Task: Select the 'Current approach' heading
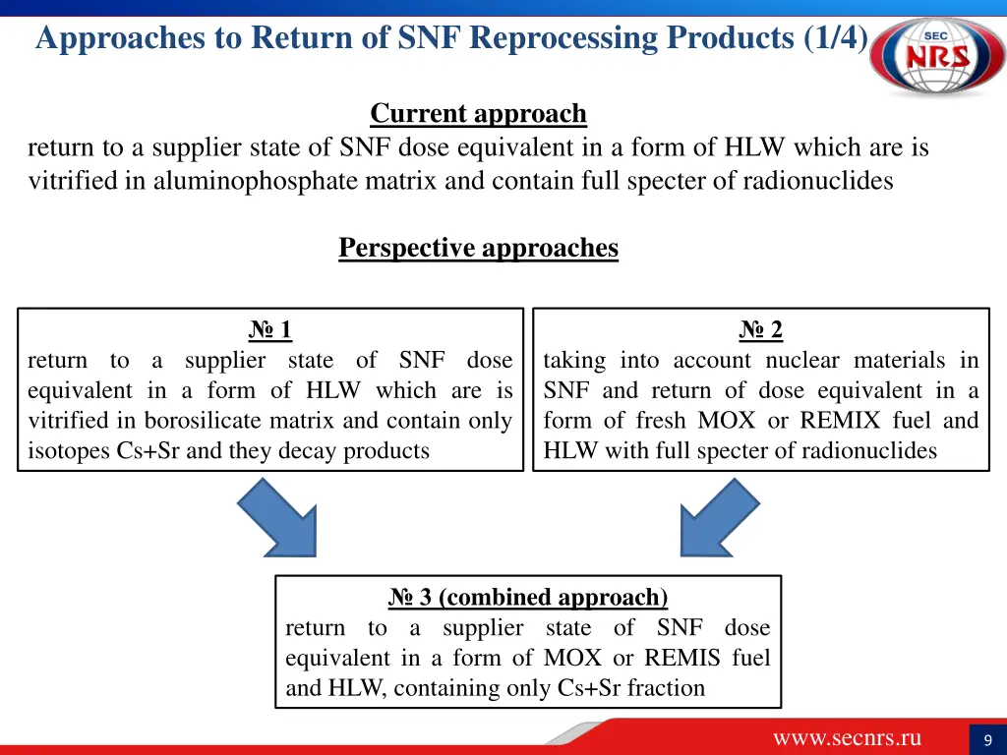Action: pos(478,114)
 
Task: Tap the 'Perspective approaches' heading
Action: pos(478,248)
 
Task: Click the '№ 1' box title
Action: pos(269,330)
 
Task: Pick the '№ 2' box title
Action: pos(761,330)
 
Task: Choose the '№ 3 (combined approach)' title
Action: pos(527,598)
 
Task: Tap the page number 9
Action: pos(986,740)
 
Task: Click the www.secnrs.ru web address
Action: pos(847,738)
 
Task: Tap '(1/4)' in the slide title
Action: pos(836,37)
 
